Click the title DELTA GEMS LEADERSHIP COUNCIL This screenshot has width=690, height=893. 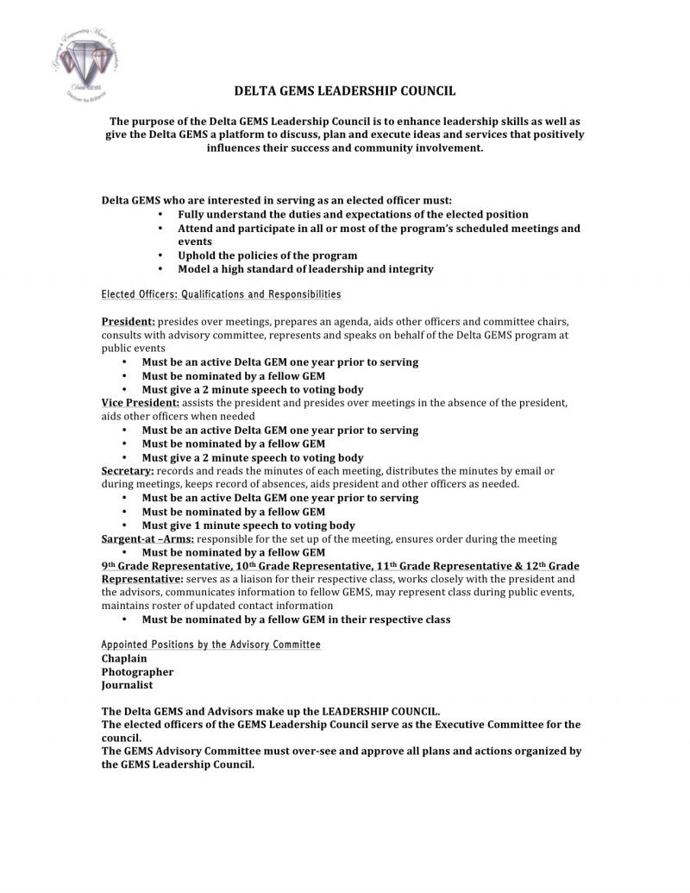click(345, 91)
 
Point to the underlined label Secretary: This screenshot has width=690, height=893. click(127, 470)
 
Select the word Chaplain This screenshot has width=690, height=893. click(124, 658)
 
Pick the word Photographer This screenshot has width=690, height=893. click(137, 672)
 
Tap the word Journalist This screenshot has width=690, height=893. click(127, 685)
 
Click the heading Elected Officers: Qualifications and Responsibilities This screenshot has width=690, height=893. click(221, 295)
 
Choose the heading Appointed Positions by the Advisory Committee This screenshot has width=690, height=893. click(210, 645)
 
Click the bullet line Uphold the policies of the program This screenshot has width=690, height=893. click(267, 255)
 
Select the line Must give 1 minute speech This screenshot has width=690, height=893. click(248, 525)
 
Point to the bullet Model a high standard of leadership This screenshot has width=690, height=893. click(305, 269)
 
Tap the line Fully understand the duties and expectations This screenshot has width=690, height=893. click(353, 214)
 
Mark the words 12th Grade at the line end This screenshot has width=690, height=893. click(548, 565)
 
